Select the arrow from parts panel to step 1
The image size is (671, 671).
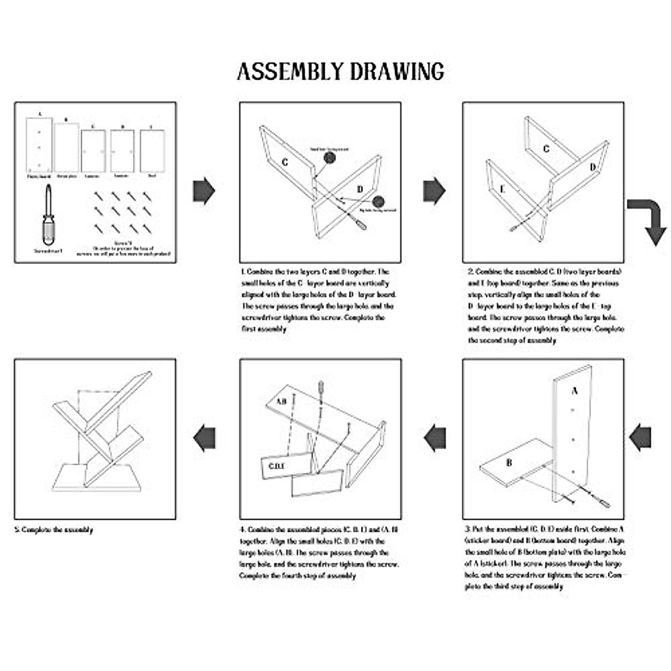[204, 191]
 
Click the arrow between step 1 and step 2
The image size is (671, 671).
[434, 191]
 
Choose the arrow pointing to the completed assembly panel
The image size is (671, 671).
[205, 437]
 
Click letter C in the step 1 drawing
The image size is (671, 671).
[285, 162]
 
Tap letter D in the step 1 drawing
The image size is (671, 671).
[360, 189]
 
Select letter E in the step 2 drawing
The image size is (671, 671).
[502, 190]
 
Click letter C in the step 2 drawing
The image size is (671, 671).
[546, 149]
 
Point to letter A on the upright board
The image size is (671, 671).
[574, 391]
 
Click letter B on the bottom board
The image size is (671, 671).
[509, 462]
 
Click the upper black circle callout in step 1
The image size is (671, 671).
[329, 158]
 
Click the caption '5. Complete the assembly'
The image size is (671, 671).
[54, 530]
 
